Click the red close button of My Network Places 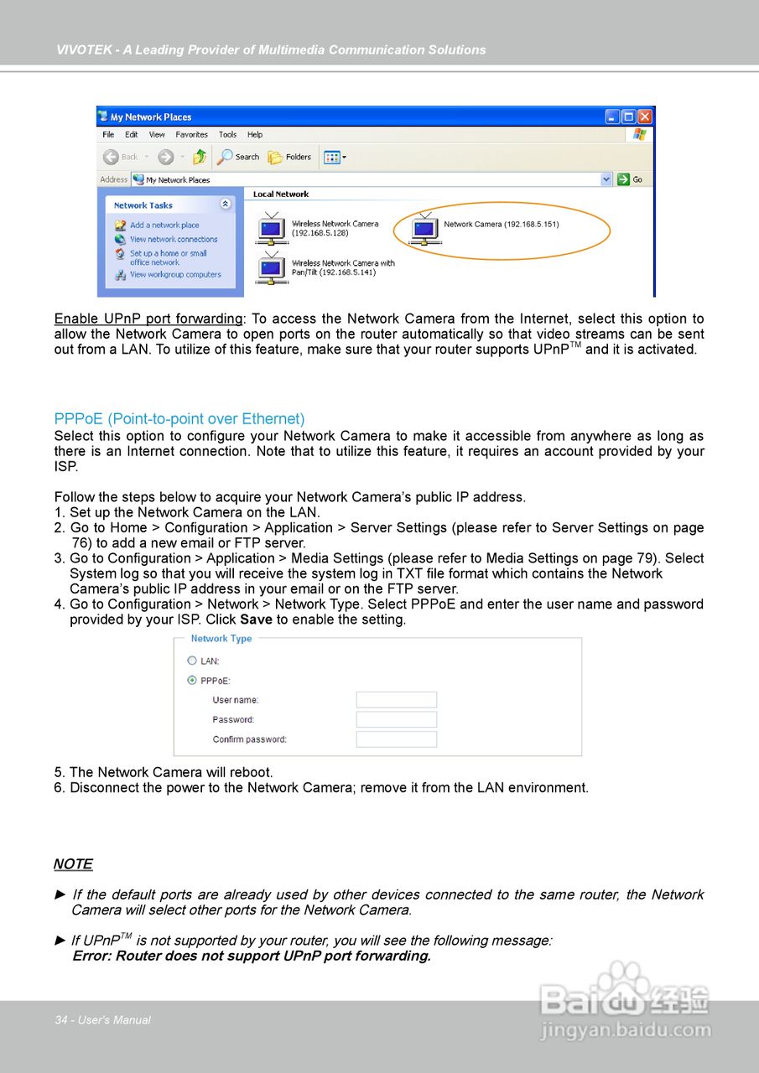tap(645, 117)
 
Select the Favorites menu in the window tap(191, 135)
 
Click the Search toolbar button tap(239, 157)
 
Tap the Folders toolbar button tap(289, 157)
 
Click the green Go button tap(630, 179)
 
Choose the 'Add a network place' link tap(164, 225)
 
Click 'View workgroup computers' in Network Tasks tap(175, 275)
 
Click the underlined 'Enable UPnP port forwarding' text tap(148, 319)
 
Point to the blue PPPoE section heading tap(179, 419)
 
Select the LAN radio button tap(192, 661)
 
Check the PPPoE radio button tap(192, 681)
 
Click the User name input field tap(396, 700)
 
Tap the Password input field tap(396, 719)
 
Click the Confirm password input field tap(396, 739)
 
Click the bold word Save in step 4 tap(256, 620)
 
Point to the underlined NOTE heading tap(73, 864)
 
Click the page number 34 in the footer tap(60, 1020)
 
